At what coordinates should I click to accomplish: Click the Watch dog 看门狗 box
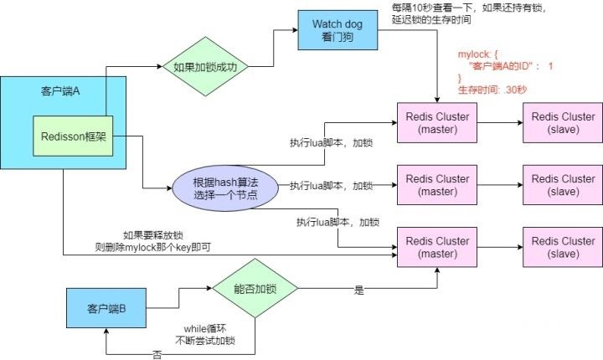coord(338,30)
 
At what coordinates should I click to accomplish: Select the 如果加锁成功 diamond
coord(205,66)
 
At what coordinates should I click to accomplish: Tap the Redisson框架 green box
coord(73,136)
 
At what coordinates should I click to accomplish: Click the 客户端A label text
coord(60,91)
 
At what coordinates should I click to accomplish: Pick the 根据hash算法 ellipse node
coord(225,188)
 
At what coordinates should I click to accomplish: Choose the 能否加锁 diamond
coord(255,288)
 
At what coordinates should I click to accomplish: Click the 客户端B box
coord(106,308)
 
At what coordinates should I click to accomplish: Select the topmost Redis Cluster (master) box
coord(437,123)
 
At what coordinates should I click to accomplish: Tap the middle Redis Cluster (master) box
coord(437,185)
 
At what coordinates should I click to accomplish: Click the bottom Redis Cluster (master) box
coord(437,247)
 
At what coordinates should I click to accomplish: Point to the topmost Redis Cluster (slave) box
coord(563,123)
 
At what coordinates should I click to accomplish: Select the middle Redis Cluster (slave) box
coord(563,185)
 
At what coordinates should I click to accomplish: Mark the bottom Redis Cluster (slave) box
coord(563,247)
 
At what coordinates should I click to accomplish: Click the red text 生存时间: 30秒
coord(492,90)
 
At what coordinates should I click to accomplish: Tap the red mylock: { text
coord(477,54)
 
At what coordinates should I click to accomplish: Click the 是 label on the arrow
coord(358,290)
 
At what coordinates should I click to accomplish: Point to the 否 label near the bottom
coord(157,355)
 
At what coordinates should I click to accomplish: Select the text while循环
coord(205,329)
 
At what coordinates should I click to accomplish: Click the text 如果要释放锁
coord(153,235)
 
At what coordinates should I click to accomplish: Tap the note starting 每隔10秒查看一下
coord(469,14)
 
